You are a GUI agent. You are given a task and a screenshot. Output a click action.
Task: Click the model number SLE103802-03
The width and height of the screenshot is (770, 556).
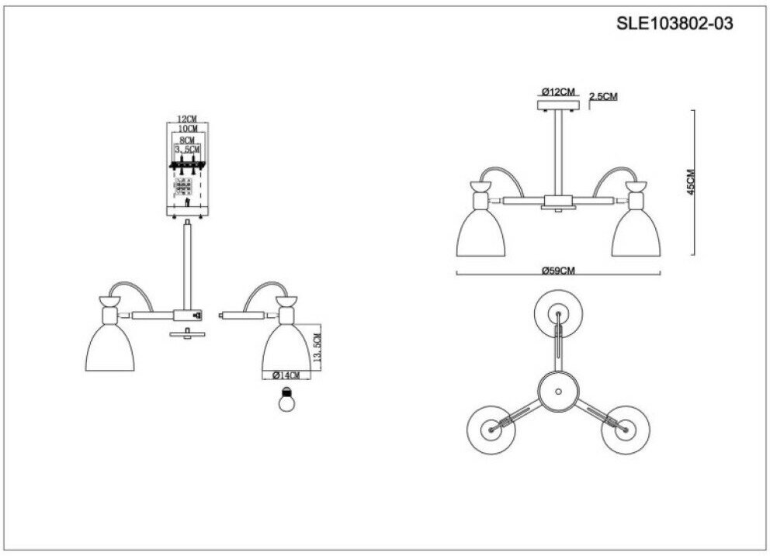pos(674,23)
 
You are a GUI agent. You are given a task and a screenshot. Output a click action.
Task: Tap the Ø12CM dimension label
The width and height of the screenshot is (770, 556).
pos(559,92)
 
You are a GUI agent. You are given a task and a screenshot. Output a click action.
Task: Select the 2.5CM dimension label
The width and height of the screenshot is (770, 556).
pos(603,96)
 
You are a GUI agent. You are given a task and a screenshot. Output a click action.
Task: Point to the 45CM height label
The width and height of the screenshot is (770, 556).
pos(690,182)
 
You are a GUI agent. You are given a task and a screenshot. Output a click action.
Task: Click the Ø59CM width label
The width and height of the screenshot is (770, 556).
pos(558,270)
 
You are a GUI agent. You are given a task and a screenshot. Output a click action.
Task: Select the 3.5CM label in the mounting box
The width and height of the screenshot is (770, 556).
pos(187,148)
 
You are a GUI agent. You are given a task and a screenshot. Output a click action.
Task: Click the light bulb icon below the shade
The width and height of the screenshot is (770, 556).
pos(288,402)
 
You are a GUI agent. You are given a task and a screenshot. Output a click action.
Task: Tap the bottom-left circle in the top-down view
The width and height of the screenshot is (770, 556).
pos(491,429)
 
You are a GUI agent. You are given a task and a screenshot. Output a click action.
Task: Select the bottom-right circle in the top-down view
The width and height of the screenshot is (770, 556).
pos(625,429)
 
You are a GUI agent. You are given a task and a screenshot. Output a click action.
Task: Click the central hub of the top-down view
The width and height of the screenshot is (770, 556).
pos(558,390)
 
